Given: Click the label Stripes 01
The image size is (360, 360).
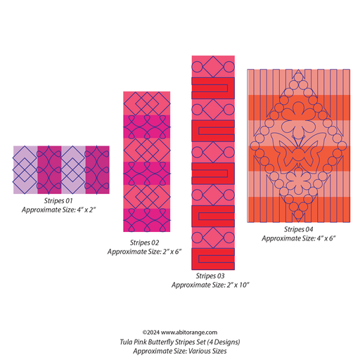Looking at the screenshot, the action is pyautogui.click(x=58, y=201).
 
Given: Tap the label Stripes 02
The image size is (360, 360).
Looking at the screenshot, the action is pyautogui.click(x=144, y=243).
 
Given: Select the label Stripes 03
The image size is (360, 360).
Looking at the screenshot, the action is pyautogui.click(x=210, y=276).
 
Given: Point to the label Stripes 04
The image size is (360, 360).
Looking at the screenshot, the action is pyautogui.click(x=299, y=229).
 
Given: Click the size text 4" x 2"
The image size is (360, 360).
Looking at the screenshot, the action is pyautogui.click(x=86, y=210).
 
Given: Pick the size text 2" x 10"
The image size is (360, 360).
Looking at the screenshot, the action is pyautogui.click(x=238, y=285).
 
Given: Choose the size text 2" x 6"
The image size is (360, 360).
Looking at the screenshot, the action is pyautogui.click(x=172, y=252).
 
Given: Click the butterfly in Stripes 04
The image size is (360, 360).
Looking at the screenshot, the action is pyautogui.click(x=298, y=153).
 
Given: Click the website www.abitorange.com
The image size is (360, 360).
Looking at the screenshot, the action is pyautogui.click(x=189, y=333).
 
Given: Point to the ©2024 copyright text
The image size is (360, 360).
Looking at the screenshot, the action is pyautogui.click(x=151, y=333).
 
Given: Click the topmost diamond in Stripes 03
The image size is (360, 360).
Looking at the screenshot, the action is pyautogui.click(x=213, y=67).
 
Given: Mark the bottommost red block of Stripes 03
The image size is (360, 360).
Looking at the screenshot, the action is pyautogui.click(x=213, y=259).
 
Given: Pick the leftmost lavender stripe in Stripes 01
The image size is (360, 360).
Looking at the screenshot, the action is pyautogui.click(x=25, y=170).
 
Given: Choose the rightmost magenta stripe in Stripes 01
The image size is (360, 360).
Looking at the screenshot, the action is pyautogui.click(x=97, y=170).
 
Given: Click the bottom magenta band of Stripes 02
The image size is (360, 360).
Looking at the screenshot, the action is pyautogui.click(x=147, y=220).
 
